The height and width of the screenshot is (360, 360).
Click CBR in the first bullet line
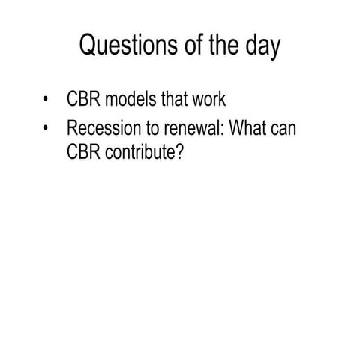pyautogui.click(x=83, y=99)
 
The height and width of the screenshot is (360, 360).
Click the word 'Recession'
pyautogui.click(x=102, y=128)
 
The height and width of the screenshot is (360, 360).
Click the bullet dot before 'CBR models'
pyautogui.click(x=48, y=100)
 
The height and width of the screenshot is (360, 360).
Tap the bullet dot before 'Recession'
pyautogui.click(x=48, y=129)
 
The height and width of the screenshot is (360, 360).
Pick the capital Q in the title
pyautogui.click(x=89, y=46)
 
